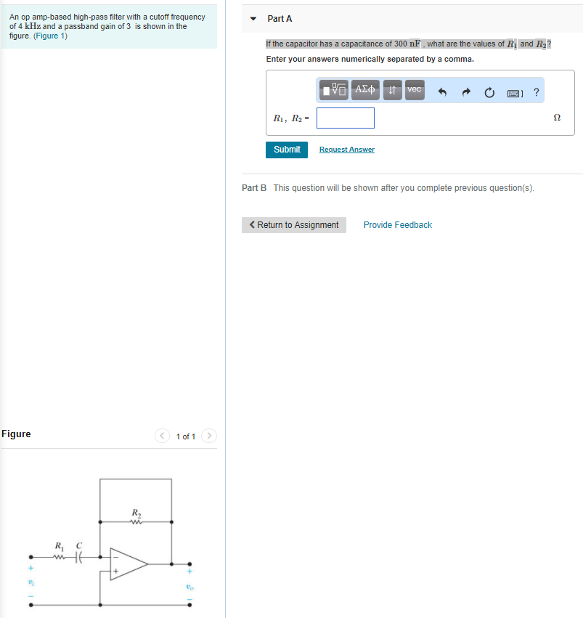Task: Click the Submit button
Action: [287, 150]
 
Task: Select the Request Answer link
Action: [346, 150]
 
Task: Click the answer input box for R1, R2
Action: [345, 118]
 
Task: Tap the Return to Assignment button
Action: [294, 225]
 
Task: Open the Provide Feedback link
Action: [397, 225]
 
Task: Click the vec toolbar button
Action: [415, 90]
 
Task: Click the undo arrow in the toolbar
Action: [441, 92]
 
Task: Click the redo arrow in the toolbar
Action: [466, 92]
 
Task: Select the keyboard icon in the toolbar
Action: [514, 92]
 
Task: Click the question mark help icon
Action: [536, 92]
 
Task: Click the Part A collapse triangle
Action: [253, 19]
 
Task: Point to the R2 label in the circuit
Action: [136, 513]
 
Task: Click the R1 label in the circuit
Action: [60, 545]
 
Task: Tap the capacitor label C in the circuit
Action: [79, 545]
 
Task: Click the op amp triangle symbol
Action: [128, 563]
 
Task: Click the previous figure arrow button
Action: [162, 436]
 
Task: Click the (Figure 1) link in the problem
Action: [50, 36]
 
